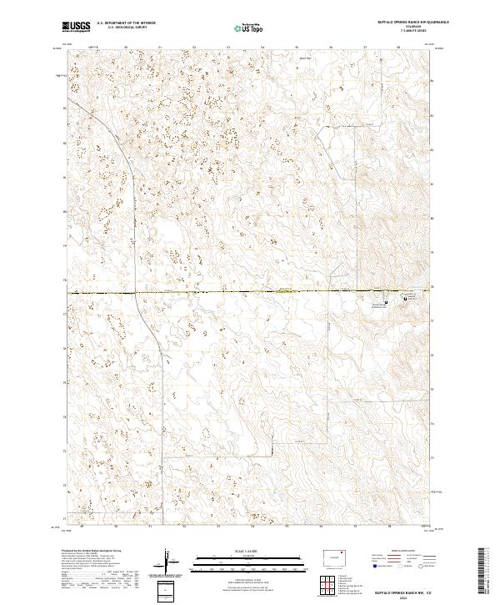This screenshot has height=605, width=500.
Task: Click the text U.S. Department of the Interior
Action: coord(126,23)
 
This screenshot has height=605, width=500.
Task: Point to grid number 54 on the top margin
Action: coord(262,48)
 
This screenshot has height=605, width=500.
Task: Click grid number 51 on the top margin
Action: coord(159,48)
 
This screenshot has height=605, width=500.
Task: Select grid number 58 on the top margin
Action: coord(399,48)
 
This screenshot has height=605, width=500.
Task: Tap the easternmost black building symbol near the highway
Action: coord(408,295)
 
